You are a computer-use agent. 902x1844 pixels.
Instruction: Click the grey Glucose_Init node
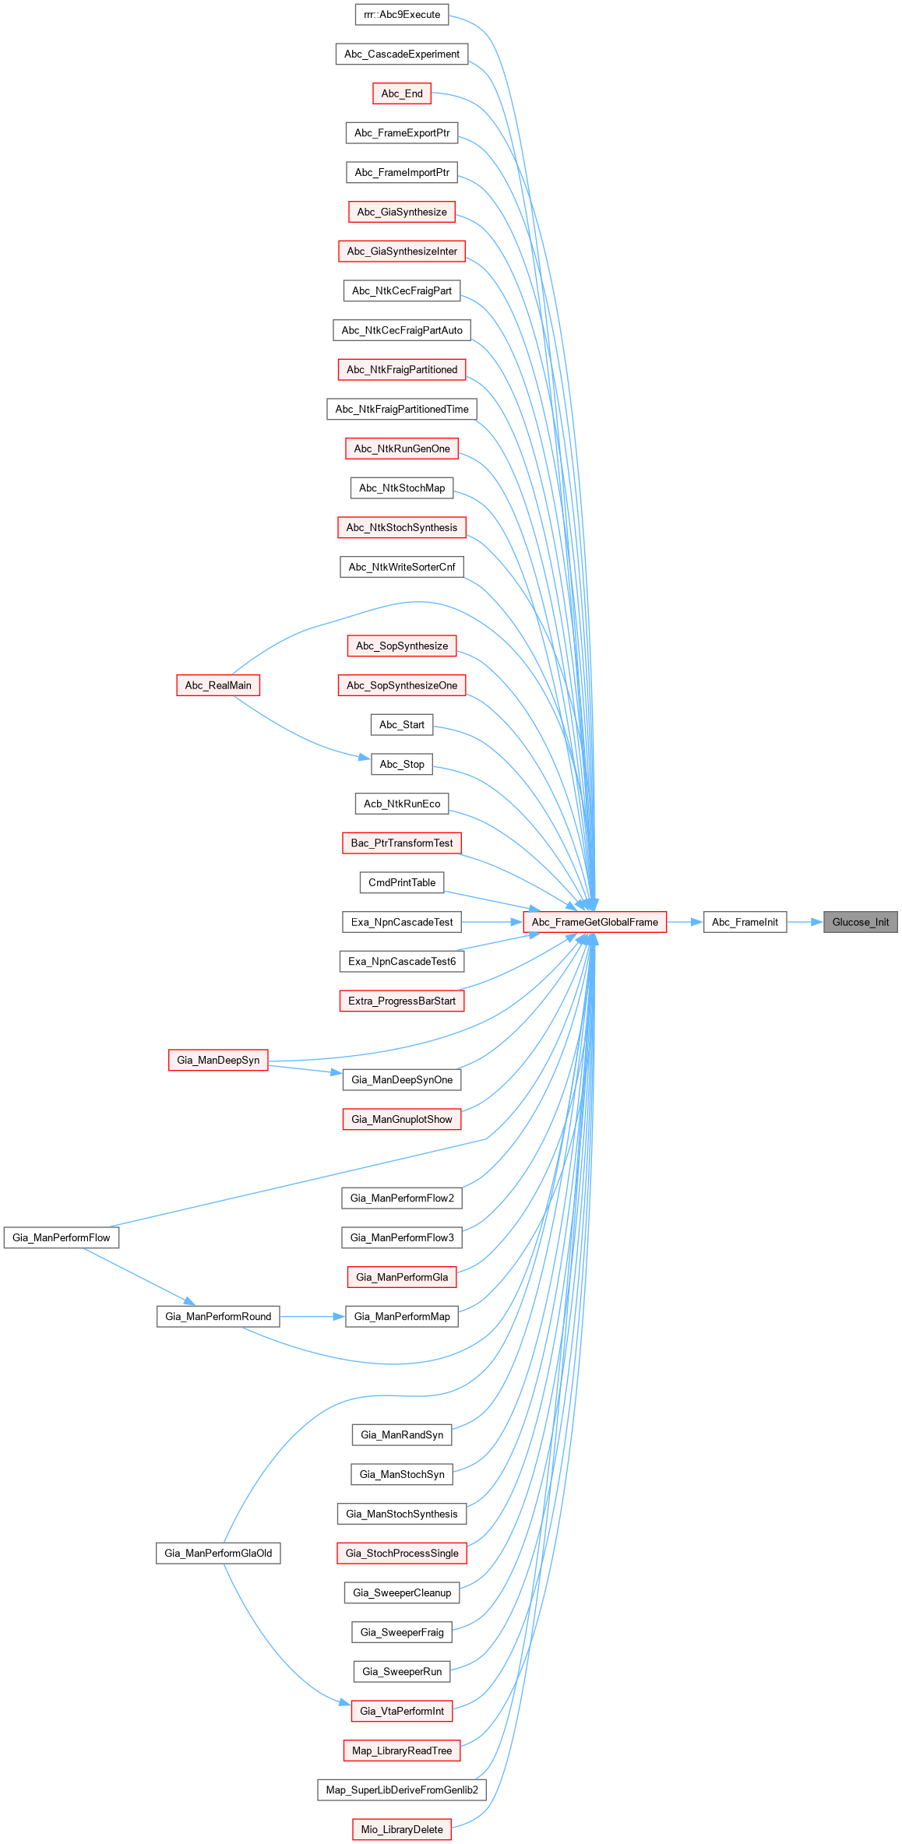pos(860,922)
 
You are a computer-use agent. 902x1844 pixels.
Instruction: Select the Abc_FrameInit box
pos(745,922)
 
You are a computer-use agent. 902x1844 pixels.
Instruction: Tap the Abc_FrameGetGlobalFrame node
pos(595,922)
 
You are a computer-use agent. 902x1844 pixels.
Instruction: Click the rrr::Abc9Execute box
pos(402,15)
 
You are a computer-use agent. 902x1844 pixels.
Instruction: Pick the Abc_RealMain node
pos(218,685)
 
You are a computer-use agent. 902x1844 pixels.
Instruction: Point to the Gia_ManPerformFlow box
pos(62,1237)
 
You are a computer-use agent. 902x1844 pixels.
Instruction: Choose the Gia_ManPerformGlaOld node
pos(218,1554)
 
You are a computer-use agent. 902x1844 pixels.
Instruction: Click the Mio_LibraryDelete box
pos(402,1829)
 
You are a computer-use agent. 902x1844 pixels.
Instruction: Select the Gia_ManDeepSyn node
pos(218,1060)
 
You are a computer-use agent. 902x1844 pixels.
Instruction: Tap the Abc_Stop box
pos(402,764)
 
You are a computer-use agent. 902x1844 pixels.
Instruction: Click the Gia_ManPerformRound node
pos(218,1316)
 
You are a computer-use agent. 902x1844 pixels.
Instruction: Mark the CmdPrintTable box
pos(402,882)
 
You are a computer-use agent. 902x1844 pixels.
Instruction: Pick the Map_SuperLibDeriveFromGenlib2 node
pos(402,1789)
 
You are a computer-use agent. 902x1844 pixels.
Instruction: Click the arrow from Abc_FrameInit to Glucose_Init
pos(805,922)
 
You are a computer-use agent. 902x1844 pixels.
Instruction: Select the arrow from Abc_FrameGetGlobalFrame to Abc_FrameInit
pos(685,922)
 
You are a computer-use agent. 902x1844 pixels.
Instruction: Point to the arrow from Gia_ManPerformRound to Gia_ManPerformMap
pos(312,1316)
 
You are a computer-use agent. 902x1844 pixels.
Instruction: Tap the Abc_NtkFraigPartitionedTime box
pos(402,409)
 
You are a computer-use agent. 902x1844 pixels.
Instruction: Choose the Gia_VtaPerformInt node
pos(402,1711)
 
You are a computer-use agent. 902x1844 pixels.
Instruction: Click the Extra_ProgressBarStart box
pos(402,1001)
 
